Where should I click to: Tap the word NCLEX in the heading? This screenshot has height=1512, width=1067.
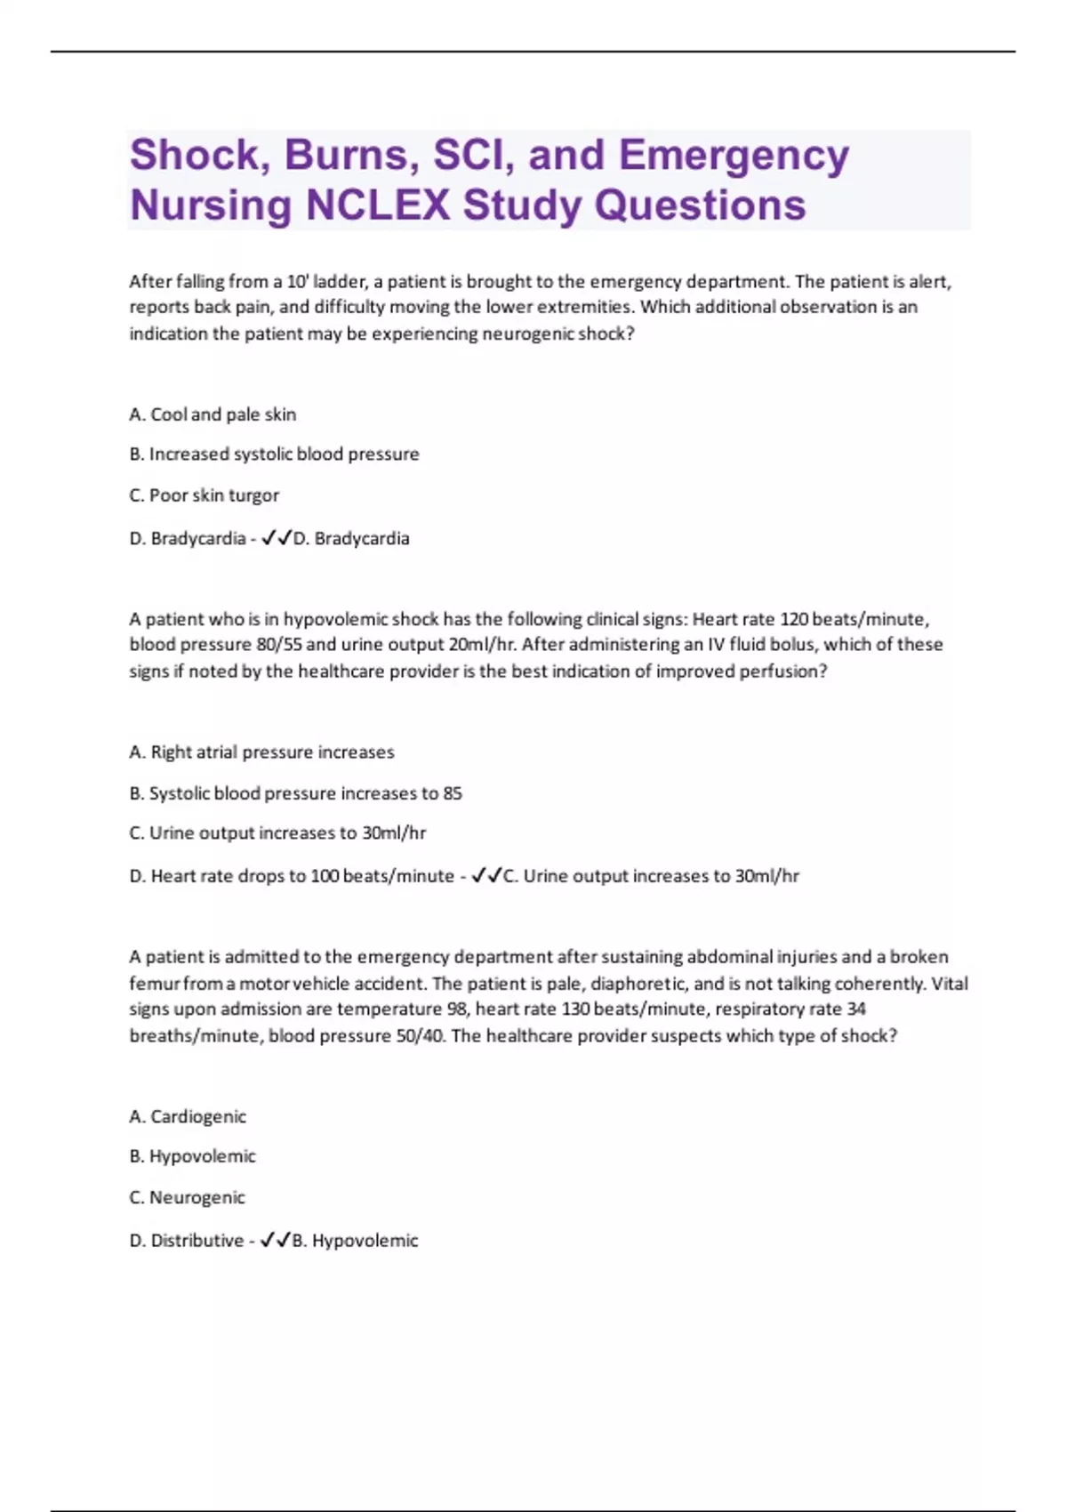[378, 205]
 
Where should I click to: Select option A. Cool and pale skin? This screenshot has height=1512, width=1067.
[213, 414]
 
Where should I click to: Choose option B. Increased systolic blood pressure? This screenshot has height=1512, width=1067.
[274, 454]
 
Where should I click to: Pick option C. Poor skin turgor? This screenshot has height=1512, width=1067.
[205, 495]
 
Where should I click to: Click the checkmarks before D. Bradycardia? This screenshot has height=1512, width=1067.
[277, 538]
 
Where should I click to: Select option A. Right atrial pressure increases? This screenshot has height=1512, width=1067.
[261, 752]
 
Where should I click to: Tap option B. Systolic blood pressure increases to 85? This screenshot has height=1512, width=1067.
[296, 793]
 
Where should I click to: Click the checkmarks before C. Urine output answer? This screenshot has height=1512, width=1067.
[486, 876]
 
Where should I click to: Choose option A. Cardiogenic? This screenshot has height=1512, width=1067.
[188, 1117]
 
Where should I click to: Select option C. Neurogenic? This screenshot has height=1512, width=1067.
[187, 1198]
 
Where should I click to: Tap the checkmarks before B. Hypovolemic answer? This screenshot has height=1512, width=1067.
[275, 1241]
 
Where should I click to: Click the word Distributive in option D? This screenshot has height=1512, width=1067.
[197, 1241]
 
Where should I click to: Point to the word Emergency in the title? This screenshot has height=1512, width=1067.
[734, 155]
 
